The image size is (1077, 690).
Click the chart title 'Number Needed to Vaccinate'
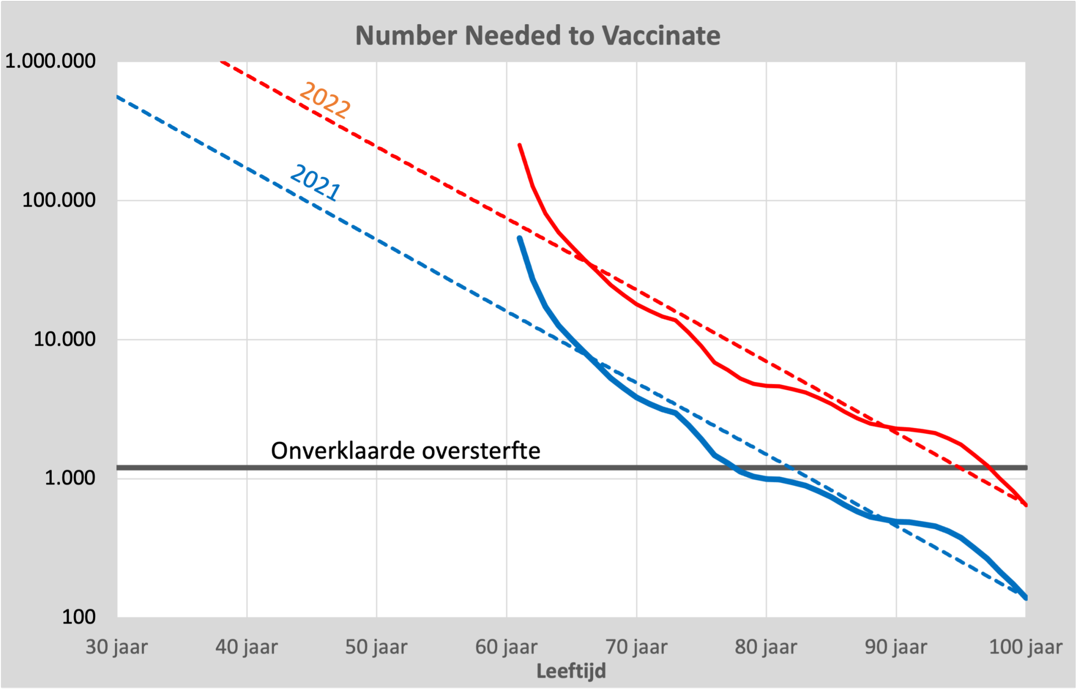pos(538,36)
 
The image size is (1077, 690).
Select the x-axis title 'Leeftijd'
pos(571,671)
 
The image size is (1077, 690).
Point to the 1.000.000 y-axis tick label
pos(50,61)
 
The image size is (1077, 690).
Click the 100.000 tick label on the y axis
pos(59,200)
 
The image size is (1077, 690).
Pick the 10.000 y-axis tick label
pos(64,339)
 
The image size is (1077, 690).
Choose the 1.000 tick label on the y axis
pos(70,478)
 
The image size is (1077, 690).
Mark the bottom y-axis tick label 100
pos(79,617)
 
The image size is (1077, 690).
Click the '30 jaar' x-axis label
pos(117,647)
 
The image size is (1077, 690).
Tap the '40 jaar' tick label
pos(247,647)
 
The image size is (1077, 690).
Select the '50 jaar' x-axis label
pos(376,647)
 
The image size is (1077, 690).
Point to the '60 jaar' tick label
pos(506,647)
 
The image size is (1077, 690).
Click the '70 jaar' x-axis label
pos(636,647)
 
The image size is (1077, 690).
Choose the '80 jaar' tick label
pos(766,647)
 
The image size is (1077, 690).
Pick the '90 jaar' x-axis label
pos(896,647)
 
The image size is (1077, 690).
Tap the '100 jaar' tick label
pos(1026,647)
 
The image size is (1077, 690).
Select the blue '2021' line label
pos(315,183)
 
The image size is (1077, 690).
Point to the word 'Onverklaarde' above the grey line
pos(343,451)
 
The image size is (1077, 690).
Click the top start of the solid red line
pos(520,145)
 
